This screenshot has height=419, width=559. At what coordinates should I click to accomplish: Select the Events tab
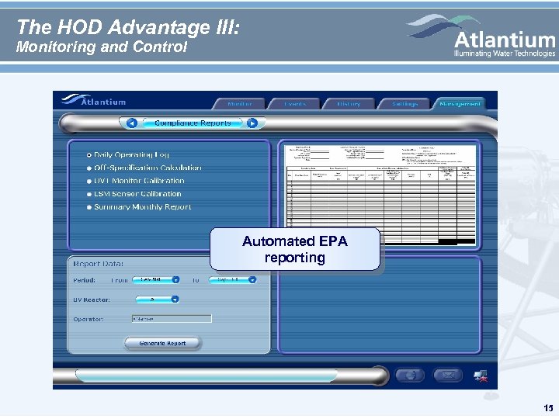click(x=295, y=104)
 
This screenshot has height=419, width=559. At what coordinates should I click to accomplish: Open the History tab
click(x=349, y=104)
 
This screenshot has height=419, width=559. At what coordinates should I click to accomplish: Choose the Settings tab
click(x=404, y=104)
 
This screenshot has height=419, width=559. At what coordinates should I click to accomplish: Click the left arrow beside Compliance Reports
click(x=131, y=123)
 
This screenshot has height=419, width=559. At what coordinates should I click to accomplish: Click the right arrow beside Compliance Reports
click(x=252, y=123)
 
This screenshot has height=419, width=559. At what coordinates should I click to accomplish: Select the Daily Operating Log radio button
click(x=90, y=155)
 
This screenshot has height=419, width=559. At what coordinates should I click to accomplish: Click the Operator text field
click(x=170, y=318)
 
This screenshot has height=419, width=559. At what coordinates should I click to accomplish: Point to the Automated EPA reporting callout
click(x=294, y=249)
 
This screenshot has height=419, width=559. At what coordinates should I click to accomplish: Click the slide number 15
click(x=548, y=408)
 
